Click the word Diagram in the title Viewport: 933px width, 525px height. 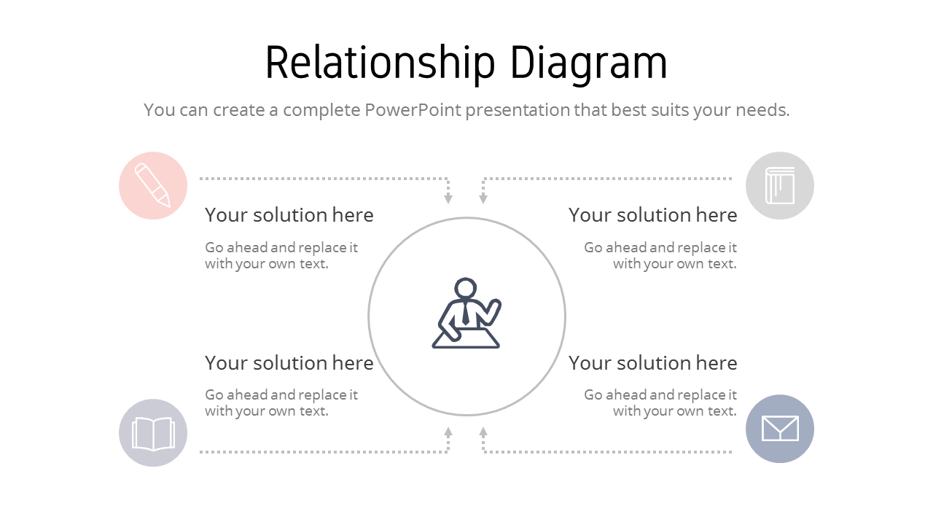(x=587, y=63)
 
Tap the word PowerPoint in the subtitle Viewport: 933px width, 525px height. (x=413, y=110)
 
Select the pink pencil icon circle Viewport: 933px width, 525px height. (x=153, y=186)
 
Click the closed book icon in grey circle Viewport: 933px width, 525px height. (x=779, y=186)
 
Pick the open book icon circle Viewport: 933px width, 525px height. (x=153, y=433)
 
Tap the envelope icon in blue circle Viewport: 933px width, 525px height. (x=779, y=429)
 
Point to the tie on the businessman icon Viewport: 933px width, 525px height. (x=466, y=314)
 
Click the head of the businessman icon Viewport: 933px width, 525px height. (x=465, y=289)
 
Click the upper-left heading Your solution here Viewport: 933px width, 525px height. (x=289, y=215)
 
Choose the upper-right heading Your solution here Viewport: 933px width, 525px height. (x=652, y=215)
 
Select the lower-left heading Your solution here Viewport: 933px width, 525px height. (x=289, y=363)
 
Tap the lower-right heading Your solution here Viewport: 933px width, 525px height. (x=652, y=363)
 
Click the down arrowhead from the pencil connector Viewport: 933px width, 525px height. (x=448, y=199)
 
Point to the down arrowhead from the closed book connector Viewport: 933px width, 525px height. (x=483, y=199)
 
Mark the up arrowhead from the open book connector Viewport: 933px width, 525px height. (x=448, y=432)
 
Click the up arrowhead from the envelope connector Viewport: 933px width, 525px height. (x=483, y=432)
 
